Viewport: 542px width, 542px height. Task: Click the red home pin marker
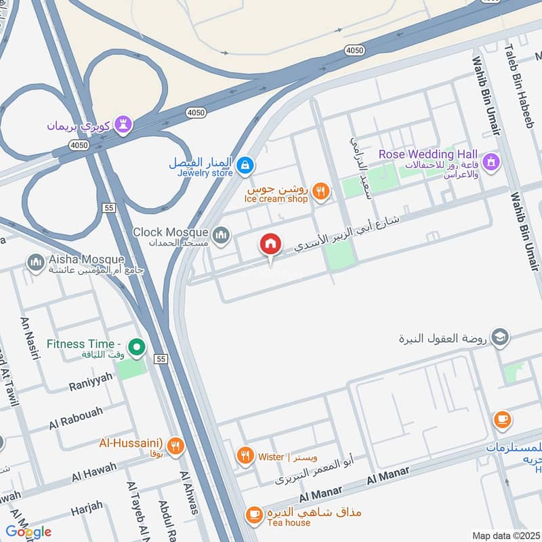click(x=270, y=245)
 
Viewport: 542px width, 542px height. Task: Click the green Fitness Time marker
click(x=138, y=348)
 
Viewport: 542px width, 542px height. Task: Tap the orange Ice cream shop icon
click(x=322, y=192)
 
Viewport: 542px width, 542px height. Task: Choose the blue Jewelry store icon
click(x=246, y=164)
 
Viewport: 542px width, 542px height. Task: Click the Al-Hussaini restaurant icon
click(x=175, y=445)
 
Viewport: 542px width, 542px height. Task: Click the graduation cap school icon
click(x=500, y=337)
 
